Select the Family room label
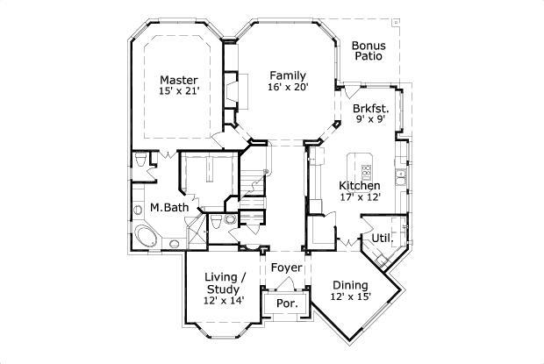click(287, 75)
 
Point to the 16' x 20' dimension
click(287, 88)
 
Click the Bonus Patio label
click(370, 51)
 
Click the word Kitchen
click(360, 186)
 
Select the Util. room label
click(381, 238)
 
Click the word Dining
click(351, 284)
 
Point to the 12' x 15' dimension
click(351, 297)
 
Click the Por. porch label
click(286, 303)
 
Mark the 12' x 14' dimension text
click(223, 301)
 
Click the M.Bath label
click(165, 208)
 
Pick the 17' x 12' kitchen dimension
click(360, 199)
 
